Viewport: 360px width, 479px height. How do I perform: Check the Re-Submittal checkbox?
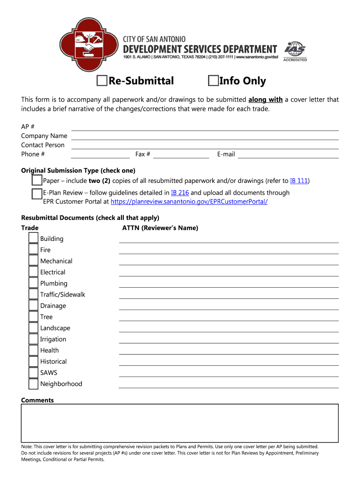click(101, 81)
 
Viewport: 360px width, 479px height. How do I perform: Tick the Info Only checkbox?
click(213, 81)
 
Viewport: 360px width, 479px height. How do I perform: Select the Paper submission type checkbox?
click(37, 181)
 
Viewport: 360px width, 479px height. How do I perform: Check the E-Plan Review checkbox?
click(37, 194)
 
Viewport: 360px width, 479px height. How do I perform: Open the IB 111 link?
click(299, 181)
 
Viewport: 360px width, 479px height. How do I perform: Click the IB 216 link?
click(180, 193)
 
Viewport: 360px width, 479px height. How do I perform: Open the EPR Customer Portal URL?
click(189, 202)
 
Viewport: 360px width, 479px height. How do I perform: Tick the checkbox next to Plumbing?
click(33, 283)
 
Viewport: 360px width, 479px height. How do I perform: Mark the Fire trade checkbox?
click(33, 250)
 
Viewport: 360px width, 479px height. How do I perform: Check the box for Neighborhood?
click(33, 384)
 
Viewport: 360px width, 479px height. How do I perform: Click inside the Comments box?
click(180, 422)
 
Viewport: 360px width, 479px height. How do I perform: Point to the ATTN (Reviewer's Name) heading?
click(160, 228)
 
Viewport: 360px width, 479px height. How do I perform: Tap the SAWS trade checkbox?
click(33, 372)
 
